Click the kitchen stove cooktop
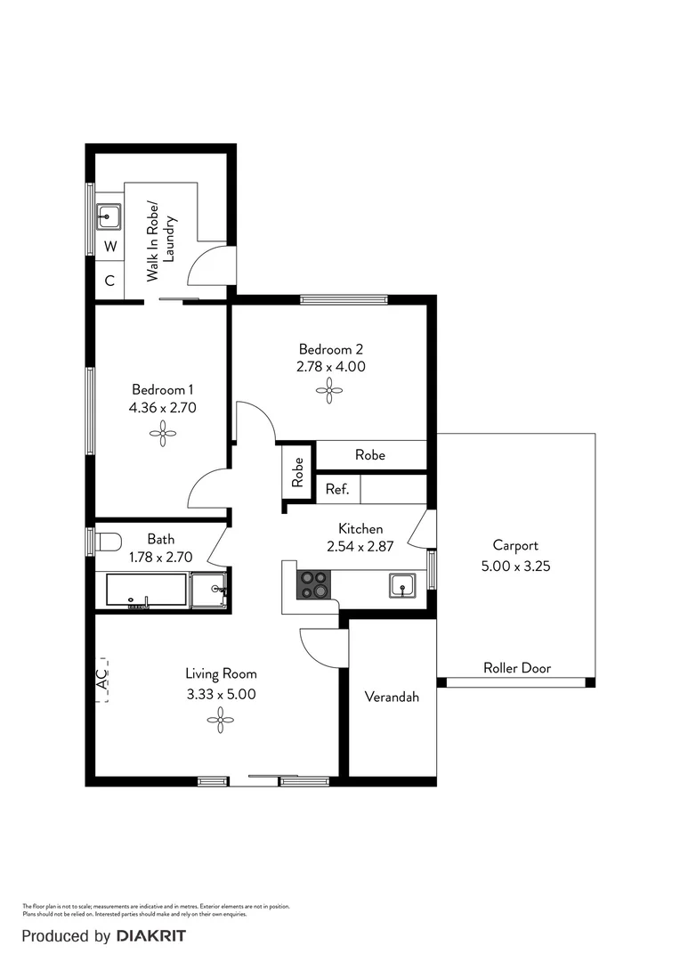(x=313, y=586)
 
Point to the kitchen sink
(x=402, y=585)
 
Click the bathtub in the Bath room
(x=146, y=591)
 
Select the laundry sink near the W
(x=109, y=215)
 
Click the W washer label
(x=109, y=246)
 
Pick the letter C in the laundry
(x=109, y=281)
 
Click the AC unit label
(x=101, y=681)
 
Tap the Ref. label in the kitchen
(x=336, y=489)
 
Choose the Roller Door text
(x=516, y=668)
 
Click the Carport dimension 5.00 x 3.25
(x=515, y=565)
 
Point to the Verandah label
(x=392, y=697)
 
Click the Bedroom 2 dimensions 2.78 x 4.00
(x=331, y=366)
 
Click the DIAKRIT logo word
(x=151, y=936)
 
